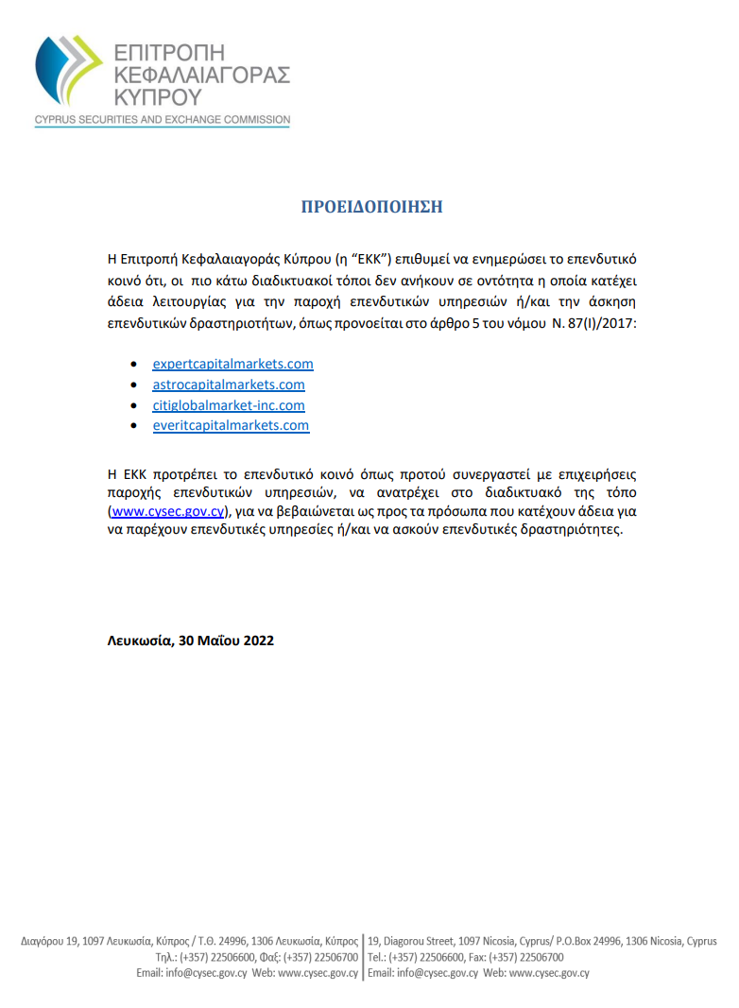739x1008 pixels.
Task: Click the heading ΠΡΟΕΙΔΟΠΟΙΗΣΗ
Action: pos(371,207)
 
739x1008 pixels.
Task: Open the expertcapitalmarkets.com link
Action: pos(232,364)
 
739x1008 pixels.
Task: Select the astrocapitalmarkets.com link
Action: pos(229,384)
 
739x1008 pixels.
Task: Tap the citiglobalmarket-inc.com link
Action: pos(229,405)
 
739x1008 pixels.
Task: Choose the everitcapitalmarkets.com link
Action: pos(231,426)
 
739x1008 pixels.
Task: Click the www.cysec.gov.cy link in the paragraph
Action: pos(166,511)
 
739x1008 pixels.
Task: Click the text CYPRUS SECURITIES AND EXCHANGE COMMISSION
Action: pos(162,121)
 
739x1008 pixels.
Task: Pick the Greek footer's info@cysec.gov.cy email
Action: pos(192,972)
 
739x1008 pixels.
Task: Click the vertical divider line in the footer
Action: pos(363,957)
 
